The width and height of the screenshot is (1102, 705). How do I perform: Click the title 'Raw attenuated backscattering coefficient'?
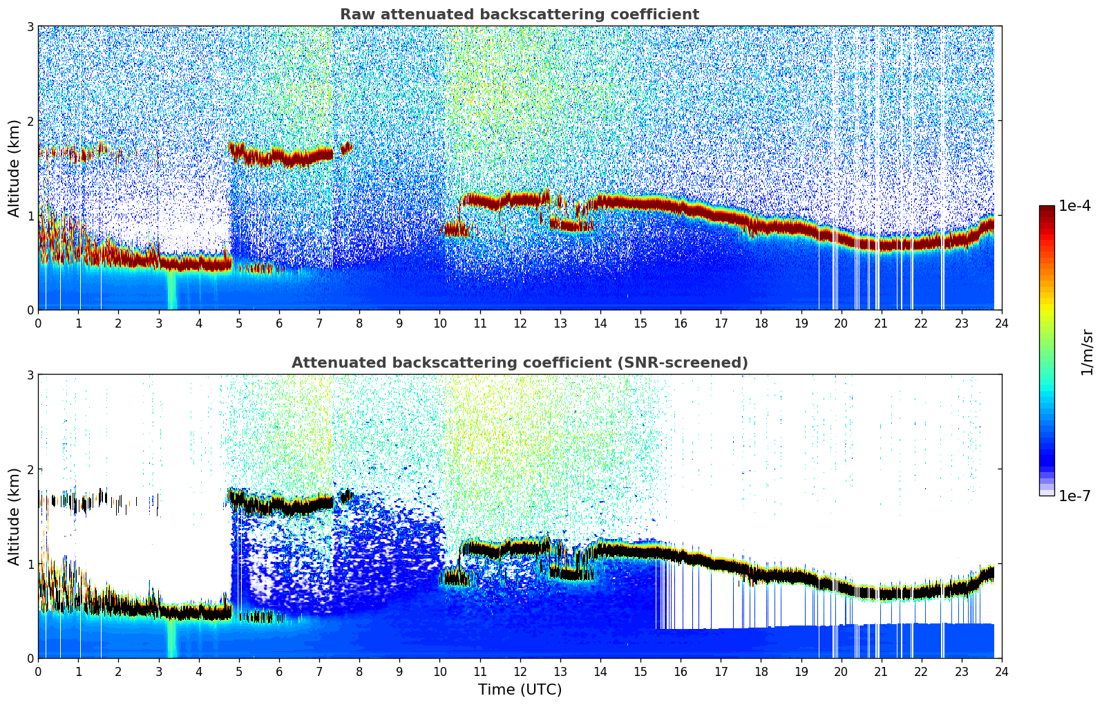click(519, 15)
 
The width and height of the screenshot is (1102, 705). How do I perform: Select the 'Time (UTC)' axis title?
click(520, 689)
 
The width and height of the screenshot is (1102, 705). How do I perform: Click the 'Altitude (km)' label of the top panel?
click(14, 168)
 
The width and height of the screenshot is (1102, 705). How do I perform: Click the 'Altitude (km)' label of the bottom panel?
click(14, 516)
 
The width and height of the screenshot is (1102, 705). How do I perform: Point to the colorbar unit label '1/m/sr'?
click(1087, 352)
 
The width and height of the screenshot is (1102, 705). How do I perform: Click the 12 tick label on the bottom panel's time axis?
click(520, 671)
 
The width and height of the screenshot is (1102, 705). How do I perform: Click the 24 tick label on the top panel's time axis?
click(1001, 323)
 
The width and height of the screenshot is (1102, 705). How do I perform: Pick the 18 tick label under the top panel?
click(761, 323)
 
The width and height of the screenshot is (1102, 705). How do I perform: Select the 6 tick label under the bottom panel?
click(279, 671)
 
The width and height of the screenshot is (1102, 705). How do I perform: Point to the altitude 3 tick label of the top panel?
click(30, 26)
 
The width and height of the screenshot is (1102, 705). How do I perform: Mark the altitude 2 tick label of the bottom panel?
click(30, 469)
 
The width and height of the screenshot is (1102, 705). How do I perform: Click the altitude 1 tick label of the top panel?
click(30, 216)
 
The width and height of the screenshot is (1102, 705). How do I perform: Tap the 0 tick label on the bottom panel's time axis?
click(38, 671)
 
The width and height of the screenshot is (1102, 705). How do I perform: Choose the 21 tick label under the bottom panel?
click(881, 671)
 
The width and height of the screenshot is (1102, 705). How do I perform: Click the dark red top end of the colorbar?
click(1046, 208)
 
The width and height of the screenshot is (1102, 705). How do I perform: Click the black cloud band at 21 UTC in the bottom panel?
click(881, 593)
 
